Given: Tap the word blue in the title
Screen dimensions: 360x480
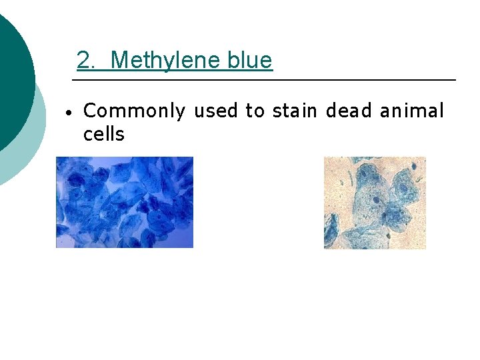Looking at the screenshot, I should click(249, 61).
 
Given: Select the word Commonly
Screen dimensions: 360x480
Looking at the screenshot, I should click(133, 111).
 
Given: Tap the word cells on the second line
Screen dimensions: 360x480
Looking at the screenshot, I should click(103, 135).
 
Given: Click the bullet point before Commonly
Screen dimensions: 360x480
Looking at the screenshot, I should click(68, 112).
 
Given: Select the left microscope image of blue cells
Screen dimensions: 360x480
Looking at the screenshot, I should click(124, 202).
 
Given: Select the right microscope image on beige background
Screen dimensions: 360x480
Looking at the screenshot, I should click(375, 203).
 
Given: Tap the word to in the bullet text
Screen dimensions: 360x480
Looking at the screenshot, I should click(255, 111).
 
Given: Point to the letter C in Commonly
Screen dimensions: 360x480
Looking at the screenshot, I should click(89, 111).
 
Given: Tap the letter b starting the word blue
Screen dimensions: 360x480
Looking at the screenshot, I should click(232, 61).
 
